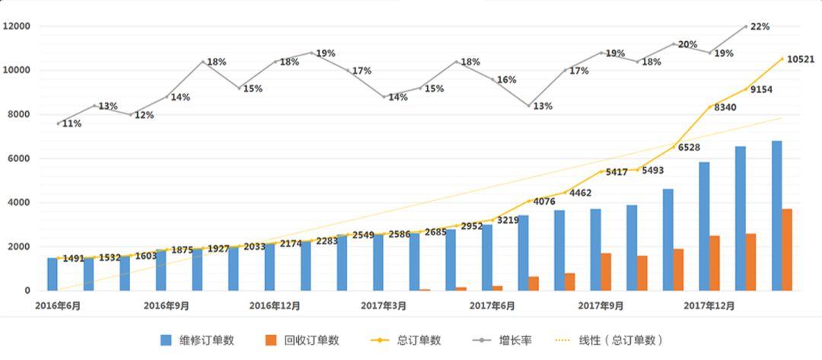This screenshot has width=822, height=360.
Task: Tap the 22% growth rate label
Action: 760,27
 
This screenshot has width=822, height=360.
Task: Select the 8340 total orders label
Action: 725,108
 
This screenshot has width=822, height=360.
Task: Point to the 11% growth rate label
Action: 72,124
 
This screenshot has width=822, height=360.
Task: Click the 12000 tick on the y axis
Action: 17,26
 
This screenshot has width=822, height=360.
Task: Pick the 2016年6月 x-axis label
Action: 59,306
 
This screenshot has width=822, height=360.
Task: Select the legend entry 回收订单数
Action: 301,340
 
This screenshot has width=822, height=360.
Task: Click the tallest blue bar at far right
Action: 776,215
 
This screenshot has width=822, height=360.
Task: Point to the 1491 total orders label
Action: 73,259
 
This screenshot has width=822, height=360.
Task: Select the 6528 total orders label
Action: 690,148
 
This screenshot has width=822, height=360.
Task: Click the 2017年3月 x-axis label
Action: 384,306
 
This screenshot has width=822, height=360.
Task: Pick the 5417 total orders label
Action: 614,173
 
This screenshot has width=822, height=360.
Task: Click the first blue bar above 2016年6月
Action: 53,274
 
